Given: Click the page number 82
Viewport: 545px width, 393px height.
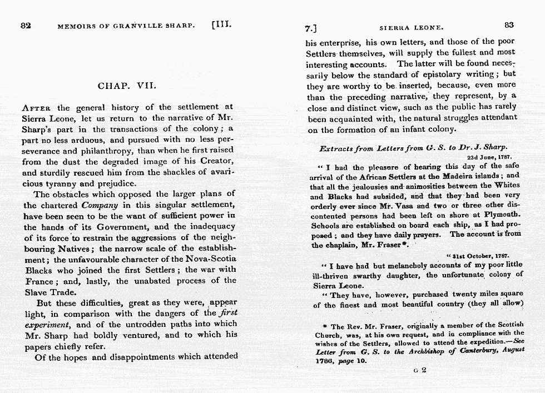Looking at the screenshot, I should click(25, 26).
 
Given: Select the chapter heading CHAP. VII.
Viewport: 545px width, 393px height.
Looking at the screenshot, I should click(127, 86).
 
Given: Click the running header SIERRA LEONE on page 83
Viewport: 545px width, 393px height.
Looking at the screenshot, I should click(412, 26).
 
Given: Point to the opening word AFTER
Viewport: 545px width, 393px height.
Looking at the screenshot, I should click(37, 108).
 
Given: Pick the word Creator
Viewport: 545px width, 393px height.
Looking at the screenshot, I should click(217, 161).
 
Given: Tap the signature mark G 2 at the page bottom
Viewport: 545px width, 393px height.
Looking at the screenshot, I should click(420, 371).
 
